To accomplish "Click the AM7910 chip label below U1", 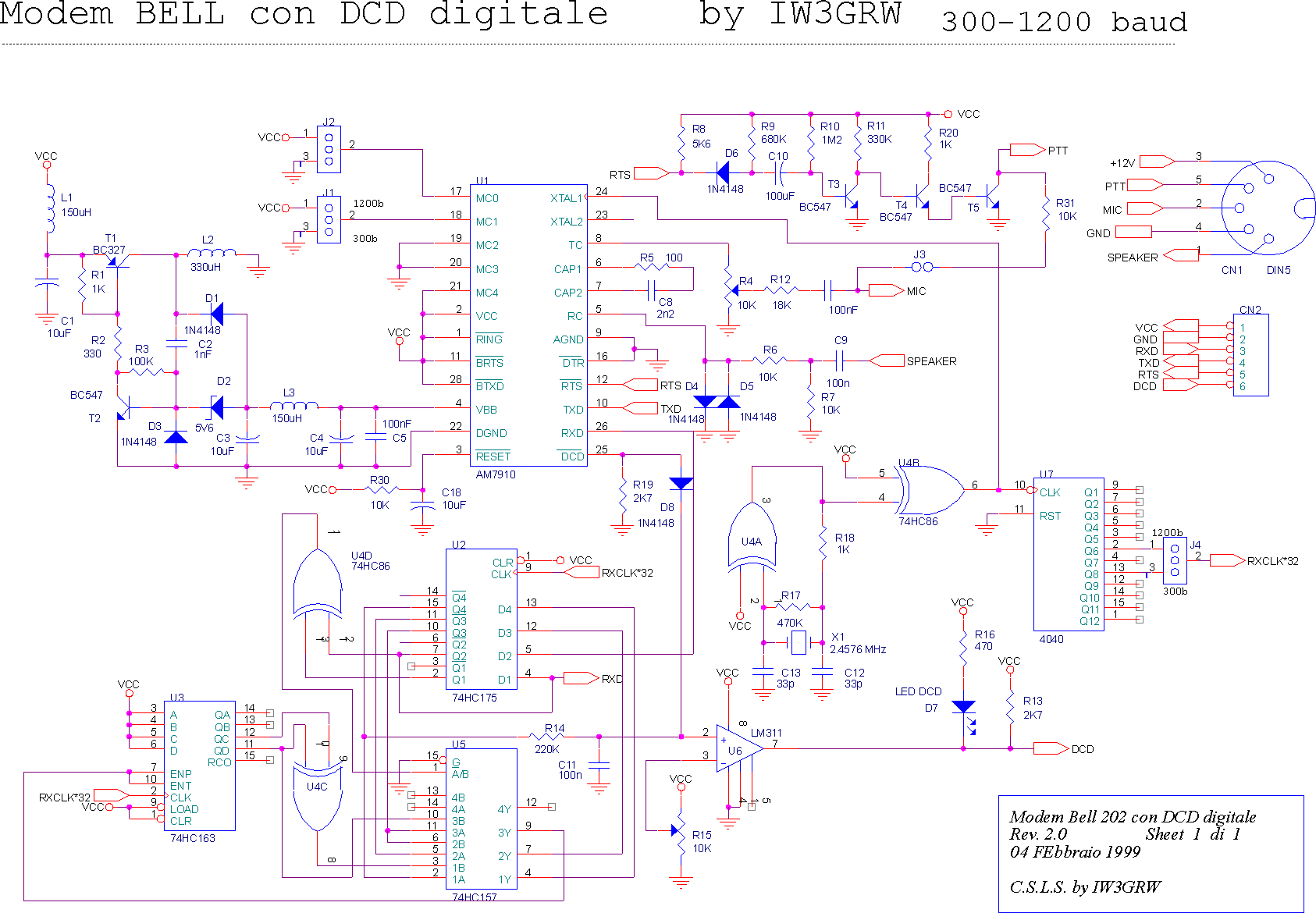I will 496,474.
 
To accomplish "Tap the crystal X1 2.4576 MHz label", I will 858,649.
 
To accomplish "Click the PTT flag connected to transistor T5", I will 1027,150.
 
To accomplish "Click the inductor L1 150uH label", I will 76,205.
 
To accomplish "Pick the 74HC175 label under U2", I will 474,698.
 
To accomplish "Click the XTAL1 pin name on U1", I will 566,198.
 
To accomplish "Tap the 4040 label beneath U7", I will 1051,639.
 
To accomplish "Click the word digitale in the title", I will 518,14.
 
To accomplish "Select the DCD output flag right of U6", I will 1051,749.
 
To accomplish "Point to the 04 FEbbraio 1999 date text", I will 1075,852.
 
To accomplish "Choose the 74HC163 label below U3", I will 192,838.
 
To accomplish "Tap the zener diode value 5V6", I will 204,428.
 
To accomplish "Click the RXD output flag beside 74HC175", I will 581,678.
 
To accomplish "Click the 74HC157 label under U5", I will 474,897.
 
